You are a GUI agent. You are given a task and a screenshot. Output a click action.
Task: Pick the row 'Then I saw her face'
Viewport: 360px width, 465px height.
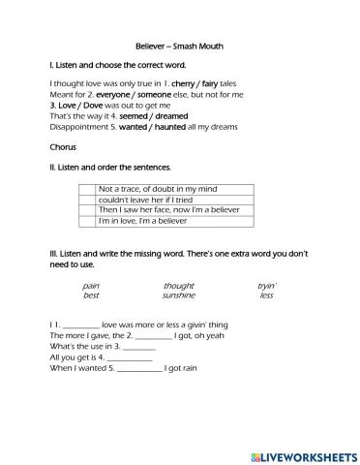click(x=160, y=209)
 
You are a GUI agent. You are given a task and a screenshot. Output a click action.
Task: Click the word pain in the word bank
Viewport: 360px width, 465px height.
click(x=91, y=286)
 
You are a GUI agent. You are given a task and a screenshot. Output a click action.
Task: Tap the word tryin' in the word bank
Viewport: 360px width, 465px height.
click(x=266, y=286)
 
